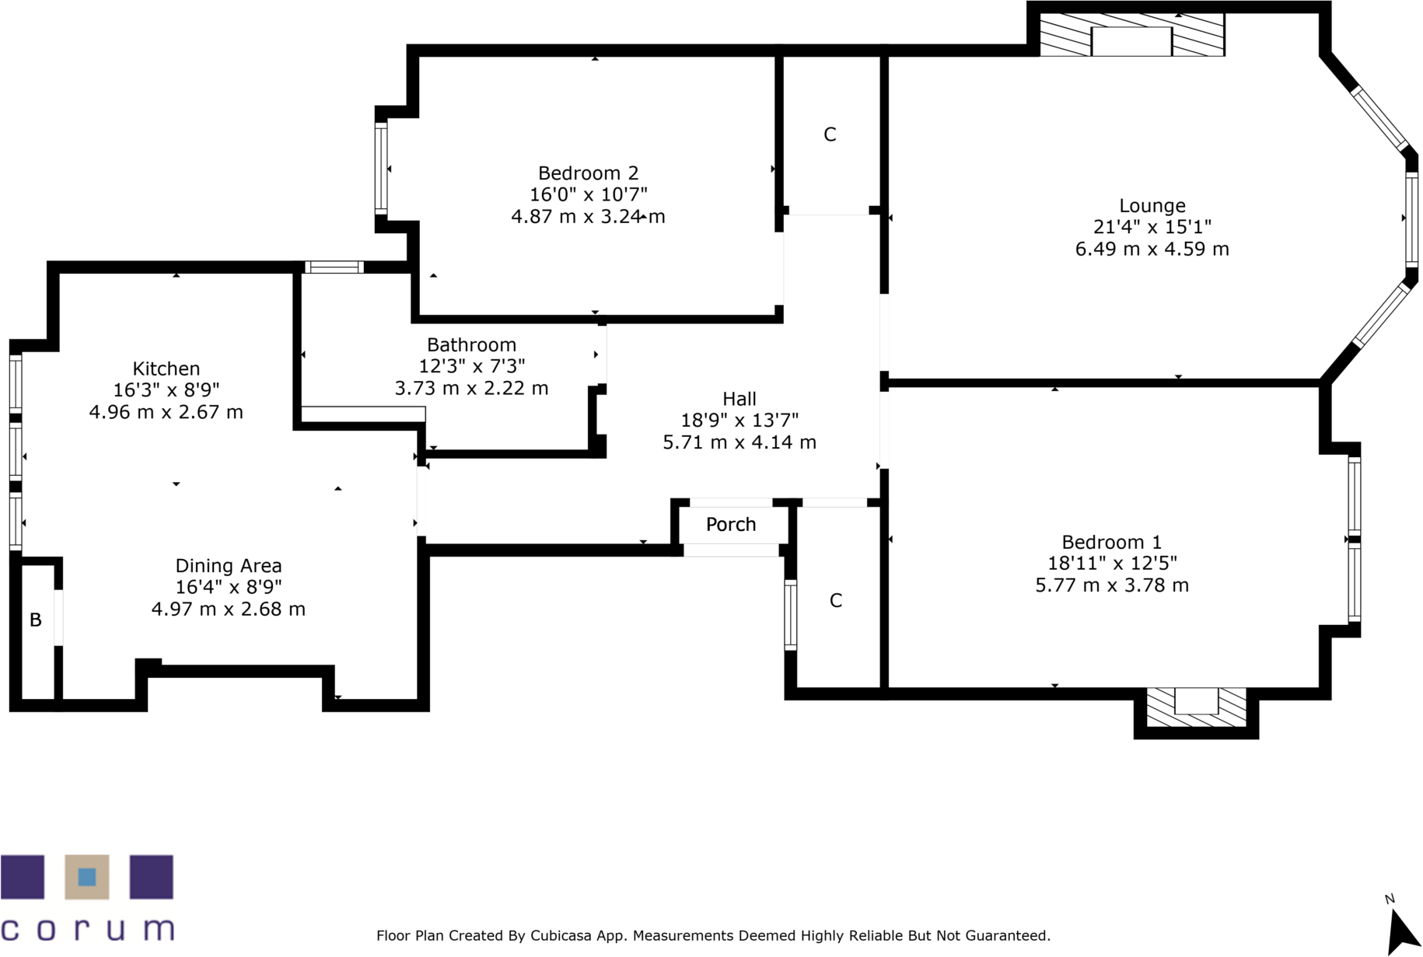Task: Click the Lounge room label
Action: (1152, 206)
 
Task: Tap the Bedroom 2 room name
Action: (588, 173)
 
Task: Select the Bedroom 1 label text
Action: (1111, 543)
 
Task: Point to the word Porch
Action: (730, 525)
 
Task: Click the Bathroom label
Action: (471, 345)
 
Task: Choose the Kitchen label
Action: (166, 369)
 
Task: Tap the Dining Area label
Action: (228, 567)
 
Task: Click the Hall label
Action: (739, 400)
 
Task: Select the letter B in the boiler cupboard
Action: (35, 620)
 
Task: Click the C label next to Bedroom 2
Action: (830, 135)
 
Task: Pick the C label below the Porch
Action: (835, 601)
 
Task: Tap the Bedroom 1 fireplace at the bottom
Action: (1195, 707)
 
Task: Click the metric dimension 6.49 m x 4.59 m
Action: (1152, 250)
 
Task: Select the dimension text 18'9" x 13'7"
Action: (739, 421)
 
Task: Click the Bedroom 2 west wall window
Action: (381, 169)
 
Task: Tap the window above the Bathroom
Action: (334, 267)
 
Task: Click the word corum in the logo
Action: (87, 929)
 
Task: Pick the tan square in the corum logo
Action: (86, 878)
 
